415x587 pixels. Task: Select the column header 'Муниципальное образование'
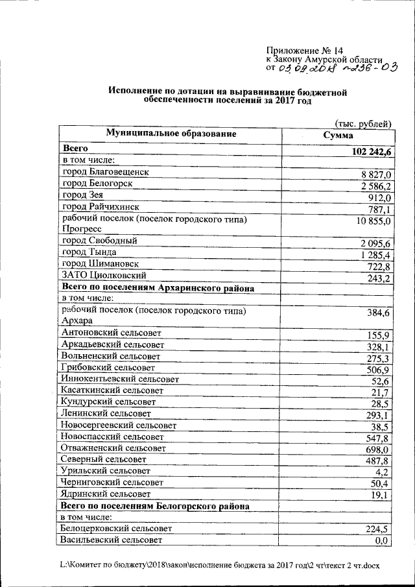click(x=171, y=134)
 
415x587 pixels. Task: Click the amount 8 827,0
click(x=376, y=174)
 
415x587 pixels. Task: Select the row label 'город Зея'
click(x=81, y=195)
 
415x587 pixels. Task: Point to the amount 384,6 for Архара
click(x=379, y=313)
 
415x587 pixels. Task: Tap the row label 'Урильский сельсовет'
click(x=105, y=471)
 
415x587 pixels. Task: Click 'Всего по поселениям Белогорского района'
click(x=156, y=505)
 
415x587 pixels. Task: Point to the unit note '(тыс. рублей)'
click(x=364, y=123)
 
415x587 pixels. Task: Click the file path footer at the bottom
click(x=219, y=566)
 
